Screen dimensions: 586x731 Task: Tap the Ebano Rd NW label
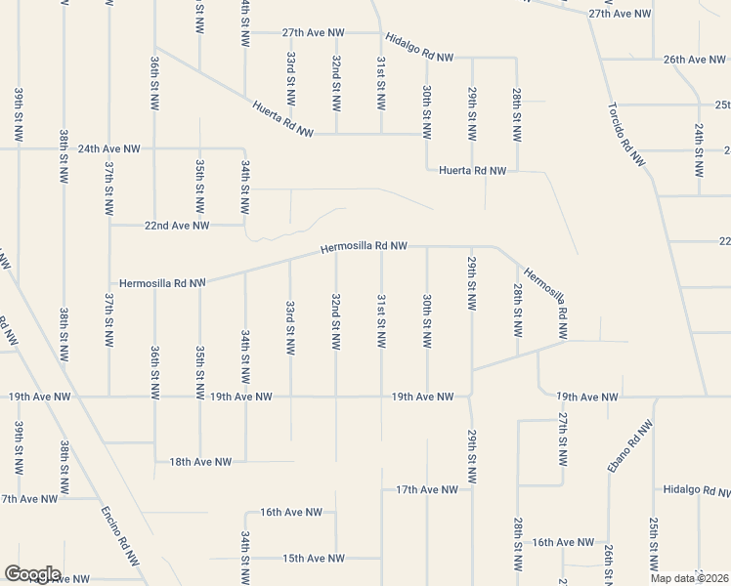tap(628, 447)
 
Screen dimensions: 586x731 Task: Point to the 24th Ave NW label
tap(109, 148)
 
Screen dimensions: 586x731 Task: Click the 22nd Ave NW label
tap(177, 225)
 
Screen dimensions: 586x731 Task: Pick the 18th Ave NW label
tap(200, 461)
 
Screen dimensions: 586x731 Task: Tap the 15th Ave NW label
tap(314, 559)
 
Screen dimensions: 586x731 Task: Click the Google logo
tap(32, 574)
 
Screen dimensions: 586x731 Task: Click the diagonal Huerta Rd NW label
tap(284, 118)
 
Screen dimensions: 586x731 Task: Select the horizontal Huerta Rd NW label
tap(473, 170)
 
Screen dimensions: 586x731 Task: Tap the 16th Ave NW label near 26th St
tap(563, 541)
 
